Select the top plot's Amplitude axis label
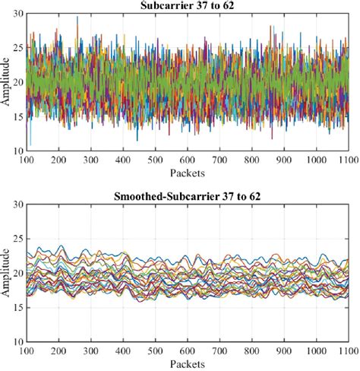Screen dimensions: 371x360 point(7,82)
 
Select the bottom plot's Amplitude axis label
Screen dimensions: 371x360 point(7,270)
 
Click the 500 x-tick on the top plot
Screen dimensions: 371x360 point(155,161)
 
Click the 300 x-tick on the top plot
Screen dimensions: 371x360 point(91,161)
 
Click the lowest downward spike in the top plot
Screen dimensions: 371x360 point(30,144)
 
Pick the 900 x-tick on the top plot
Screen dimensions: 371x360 point(283,161)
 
